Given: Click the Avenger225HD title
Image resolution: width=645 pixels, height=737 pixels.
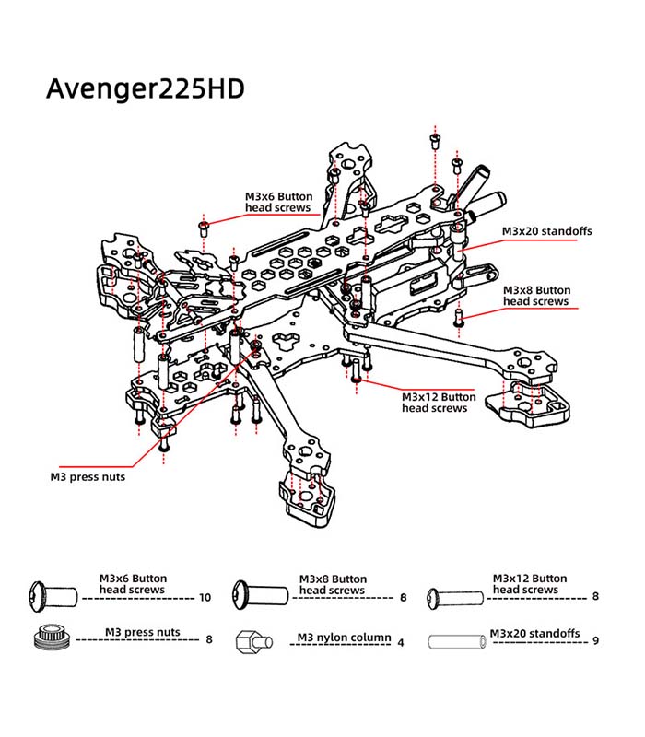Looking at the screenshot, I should pos(145,88).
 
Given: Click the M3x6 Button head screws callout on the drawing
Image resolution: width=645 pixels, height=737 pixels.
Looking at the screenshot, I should pos(278,203).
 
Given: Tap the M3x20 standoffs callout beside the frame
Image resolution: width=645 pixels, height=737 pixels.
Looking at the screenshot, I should pos(546,231).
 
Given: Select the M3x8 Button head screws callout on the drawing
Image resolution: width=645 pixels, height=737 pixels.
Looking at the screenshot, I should pos(536,296).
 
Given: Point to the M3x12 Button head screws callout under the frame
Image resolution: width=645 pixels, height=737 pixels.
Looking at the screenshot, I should pos(439,403).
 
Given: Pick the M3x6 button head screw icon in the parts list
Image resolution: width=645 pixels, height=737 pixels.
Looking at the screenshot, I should pos(52,592).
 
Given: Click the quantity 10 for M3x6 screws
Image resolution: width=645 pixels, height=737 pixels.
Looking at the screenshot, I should pos(205,597).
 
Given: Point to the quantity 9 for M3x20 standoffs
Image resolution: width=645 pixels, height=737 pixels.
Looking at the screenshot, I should pos(597,639).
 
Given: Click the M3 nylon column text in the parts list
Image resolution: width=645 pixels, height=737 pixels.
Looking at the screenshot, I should pos(345,638).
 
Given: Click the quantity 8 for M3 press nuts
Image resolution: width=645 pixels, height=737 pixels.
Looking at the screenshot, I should pos(209,638).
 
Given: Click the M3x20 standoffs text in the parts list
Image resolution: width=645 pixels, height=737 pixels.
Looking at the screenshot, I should pos(534,634).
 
